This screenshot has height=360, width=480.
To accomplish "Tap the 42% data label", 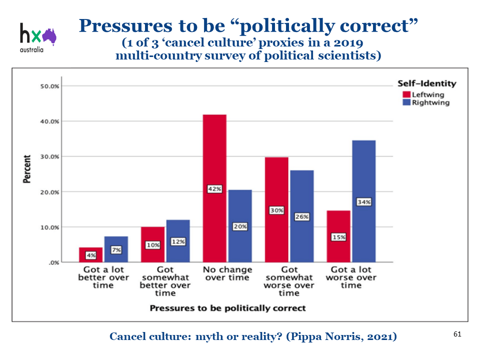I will (215, 189).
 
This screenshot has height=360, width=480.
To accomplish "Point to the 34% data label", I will (363, 202).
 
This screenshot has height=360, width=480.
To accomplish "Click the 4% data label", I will (90, 254).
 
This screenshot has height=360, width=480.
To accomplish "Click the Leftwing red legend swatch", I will (406, 94).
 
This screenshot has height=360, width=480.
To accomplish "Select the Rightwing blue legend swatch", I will (406, 102).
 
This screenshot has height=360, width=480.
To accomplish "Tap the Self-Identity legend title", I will (426, 83).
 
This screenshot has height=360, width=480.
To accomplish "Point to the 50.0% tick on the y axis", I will (49, 86).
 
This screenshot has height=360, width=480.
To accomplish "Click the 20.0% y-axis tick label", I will (49, 192).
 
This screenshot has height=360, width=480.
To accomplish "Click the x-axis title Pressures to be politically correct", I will (227, 308).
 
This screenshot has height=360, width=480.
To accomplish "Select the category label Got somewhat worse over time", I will (289, 281).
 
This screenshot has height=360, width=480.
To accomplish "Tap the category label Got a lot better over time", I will (103, 277).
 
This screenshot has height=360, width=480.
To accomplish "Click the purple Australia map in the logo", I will (49, 35).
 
